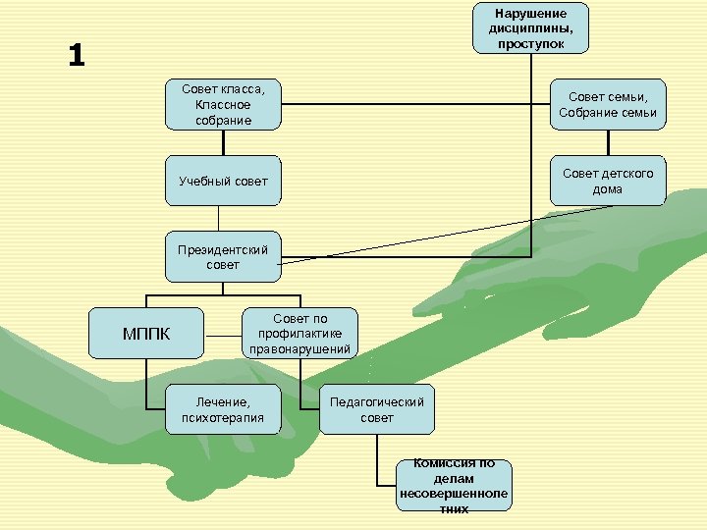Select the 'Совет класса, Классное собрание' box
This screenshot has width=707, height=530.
click(x=223, y=105)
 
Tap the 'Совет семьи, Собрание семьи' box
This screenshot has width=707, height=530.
click(x=607, y=105)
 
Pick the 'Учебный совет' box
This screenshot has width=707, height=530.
click(x=223, y=182)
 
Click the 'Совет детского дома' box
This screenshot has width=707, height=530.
click(x=607, y=182)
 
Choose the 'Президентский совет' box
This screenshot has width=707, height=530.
click(x=223, y=257)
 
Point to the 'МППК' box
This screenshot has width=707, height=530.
click(x=146, y=334)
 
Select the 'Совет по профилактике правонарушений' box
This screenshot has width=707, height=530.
click(x=300, y=334)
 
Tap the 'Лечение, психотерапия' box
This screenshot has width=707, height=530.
click(x=223, y=410)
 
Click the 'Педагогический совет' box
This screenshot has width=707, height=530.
click(x=377, y=410)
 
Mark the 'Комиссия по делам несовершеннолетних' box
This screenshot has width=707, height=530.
click(x=454, y=487)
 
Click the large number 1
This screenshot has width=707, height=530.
click(x=77, y=56)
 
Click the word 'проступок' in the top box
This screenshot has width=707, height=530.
click(x=530, y=45)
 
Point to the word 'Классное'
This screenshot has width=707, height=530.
click(x=223, y=105)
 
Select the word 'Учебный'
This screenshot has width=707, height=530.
click(x=200, y=182)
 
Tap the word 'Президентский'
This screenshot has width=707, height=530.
click(x=223, y=249)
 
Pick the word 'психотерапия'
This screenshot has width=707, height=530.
click(x=223, y=419)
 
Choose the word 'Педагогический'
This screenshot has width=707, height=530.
click(x=377, y=402)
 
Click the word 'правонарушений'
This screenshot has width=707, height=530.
click(x=300, y=348)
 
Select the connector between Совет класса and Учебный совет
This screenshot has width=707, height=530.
click(x=223, y=142)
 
